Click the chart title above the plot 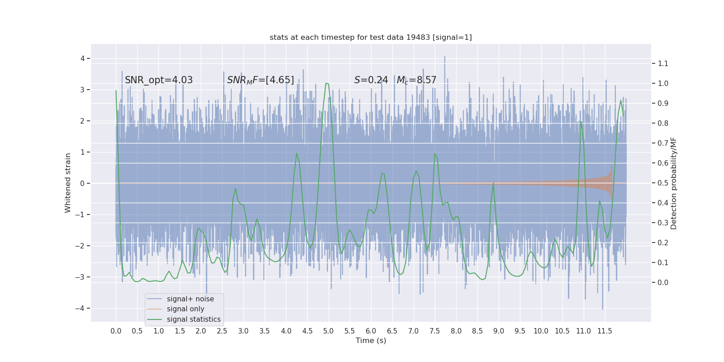(x=371, y=38)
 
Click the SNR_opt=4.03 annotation (x=159, y=80)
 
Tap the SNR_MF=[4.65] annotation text (x=261, y=80)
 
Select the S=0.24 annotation (x=371, y=80)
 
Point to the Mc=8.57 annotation (x=417, y=80)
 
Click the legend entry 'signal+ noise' (x=190, y=299)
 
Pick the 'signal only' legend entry (x=186, y=309)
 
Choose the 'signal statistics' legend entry (x=194, y=319)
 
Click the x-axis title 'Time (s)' (x=371, y=340)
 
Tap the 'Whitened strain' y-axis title (x=68, y=183)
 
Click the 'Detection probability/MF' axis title (x=674, y=183)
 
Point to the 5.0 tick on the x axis (x=329, y=331)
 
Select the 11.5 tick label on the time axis (x=605, y=331)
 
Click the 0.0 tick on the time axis (x=116, y=331)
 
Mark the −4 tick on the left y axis (x=82, y=308)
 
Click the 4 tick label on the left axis (x=83, y=58)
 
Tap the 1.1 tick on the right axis (x=663, y=63)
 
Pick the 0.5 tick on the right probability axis (x=663, y=183)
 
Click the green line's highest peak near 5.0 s (x=326, y=83)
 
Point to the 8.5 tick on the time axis (x=477, y=331)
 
